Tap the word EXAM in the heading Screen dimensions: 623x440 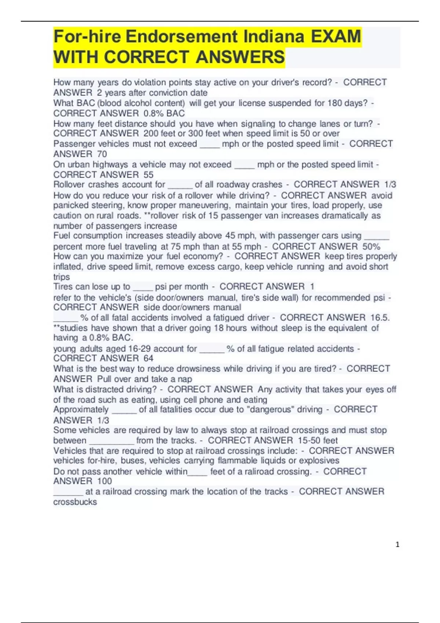(x=336, y=37)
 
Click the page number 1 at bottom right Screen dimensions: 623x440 (x=397, y=545)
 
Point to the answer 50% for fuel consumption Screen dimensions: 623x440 (x=371, y=247)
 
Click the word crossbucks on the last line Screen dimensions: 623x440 (x=75, y=502)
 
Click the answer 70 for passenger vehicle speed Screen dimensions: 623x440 (x=102, y=154)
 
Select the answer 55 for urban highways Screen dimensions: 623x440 (x=148, y=175)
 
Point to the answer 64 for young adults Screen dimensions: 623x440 (x=148, y=358)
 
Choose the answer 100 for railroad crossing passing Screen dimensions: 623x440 (x=104, y=481)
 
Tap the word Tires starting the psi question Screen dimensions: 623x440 (x=63, y=287)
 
